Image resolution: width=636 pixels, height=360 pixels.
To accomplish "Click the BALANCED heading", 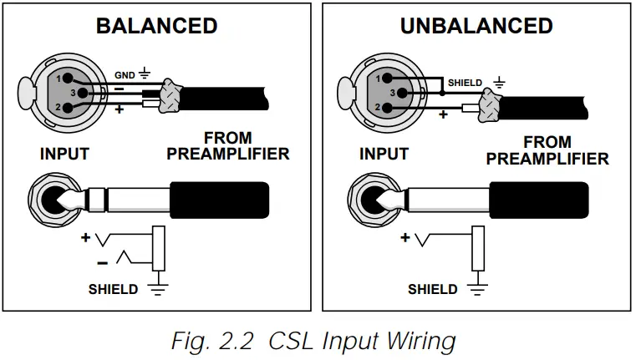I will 156,25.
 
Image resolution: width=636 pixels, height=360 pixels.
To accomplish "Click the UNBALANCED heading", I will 476,26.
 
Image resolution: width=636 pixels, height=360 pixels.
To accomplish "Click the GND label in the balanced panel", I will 124,74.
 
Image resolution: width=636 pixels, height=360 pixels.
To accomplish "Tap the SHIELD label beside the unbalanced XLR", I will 465,83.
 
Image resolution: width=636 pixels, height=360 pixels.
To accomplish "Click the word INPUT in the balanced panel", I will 64,155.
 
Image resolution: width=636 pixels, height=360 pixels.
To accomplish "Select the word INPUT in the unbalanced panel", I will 384,155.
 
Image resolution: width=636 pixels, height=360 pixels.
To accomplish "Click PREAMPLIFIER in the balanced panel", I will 228,155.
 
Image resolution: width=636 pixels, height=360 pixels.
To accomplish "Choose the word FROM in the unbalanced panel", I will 547,142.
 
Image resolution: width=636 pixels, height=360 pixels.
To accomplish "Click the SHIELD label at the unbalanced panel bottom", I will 432,290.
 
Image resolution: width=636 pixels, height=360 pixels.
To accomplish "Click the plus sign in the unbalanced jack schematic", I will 405,237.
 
